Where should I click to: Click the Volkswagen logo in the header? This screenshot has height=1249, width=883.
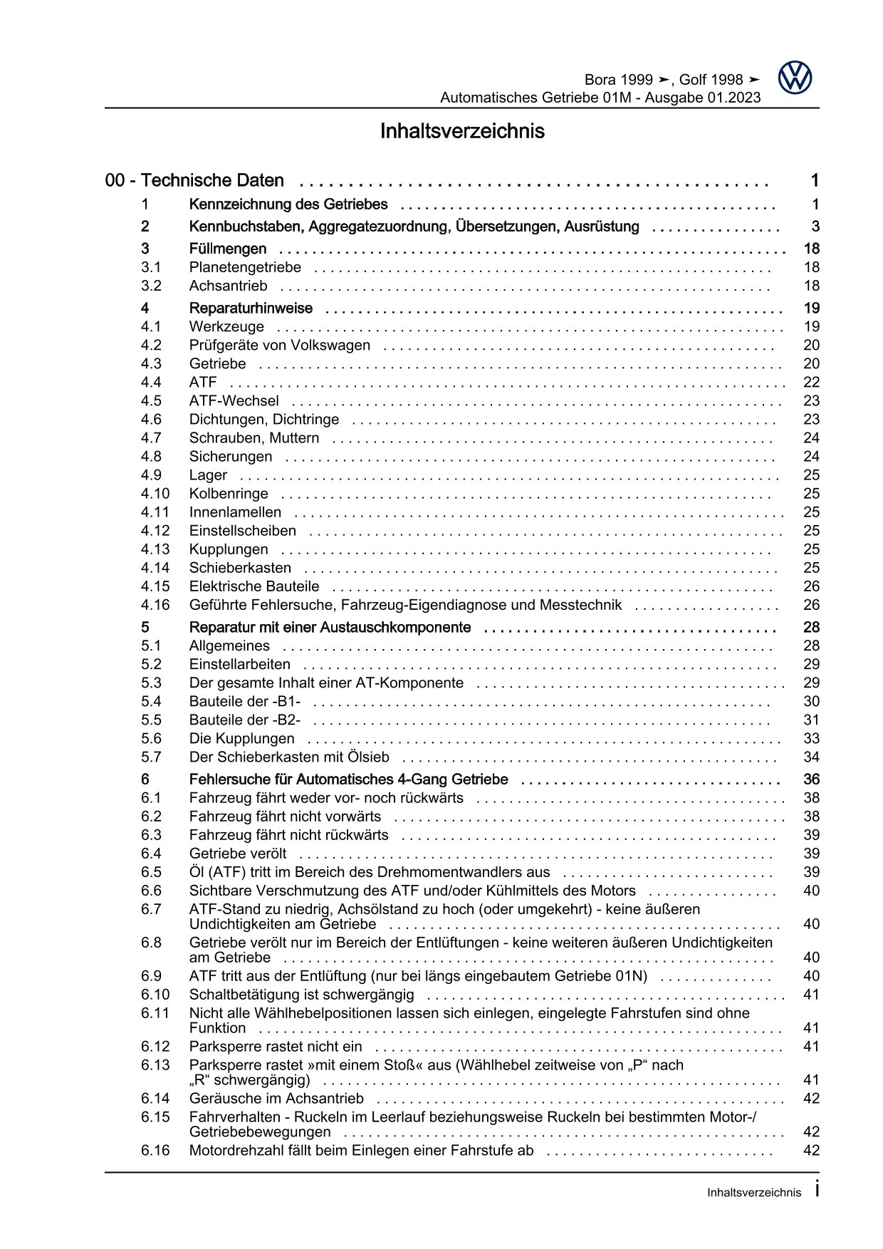[x=794, y=78]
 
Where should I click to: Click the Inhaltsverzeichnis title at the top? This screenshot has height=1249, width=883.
[x=462, y=132]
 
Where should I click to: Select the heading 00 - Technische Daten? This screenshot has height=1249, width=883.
[x=194, y=181]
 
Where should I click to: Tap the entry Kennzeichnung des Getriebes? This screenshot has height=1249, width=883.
[x=288, y=204]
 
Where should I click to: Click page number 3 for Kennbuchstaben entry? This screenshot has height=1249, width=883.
[x=815, y=227]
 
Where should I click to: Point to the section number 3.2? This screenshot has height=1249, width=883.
[x=151, y=286]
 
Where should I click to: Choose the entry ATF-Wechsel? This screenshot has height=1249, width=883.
[x=234, y=400]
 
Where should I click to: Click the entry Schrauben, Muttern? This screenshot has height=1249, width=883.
[x=254, y=437]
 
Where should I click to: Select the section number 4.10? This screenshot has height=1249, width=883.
[x=155, y=493]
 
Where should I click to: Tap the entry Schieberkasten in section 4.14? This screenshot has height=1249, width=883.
[x=240, y=568]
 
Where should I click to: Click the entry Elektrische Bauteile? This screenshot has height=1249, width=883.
[x=254, y=586]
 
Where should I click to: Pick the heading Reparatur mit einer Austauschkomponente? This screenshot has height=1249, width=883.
[x=330, y=627]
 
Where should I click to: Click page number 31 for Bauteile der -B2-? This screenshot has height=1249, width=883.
[x=811, y=720]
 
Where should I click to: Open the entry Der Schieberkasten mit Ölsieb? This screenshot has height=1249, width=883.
[x=289, y=757]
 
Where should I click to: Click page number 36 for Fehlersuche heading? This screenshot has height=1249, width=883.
[x=811, y=779]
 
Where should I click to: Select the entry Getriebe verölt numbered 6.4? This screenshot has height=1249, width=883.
[x=238, y=854]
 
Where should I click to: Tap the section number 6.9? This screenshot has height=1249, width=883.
[x=151, y=976]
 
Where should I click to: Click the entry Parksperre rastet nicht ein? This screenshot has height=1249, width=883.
[x=276, y=1047]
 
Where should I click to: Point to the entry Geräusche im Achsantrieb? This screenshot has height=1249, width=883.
[x=276, y=1099]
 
